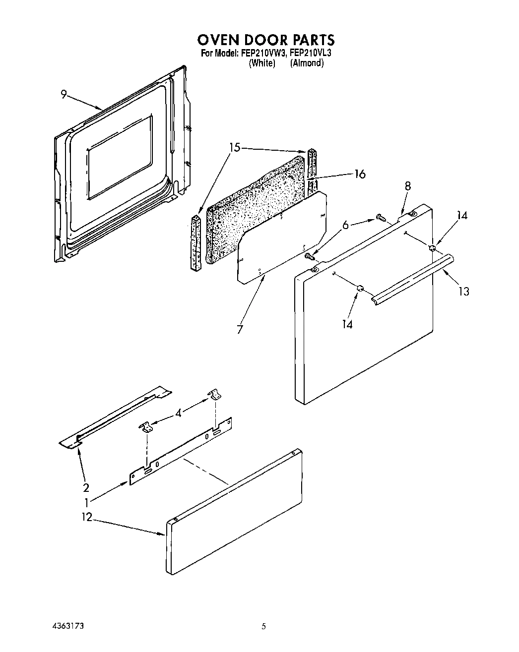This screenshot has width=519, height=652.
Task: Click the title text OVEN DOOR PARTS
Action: point(265,40)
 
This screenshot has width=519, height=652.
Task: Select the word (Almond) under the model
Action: point(307,63)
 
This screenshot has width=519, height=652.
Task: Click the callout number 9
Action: point(64,94)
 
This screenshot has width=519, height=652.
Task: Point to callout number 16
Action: point(360,174)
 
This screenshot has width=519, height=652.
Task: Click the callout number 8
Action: point(407,186)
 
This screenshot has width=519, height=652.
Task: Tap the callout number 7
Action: point(240,329)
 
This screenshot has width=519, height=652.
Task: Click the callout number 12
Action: point(87,517)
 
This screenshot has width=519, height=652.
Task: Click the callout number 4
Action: point(178,412)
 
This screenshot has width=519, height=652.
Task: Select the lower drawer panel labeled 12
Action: point(233,513)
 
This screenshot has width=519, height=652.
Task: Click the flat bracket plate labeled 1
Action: point(181,451)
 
